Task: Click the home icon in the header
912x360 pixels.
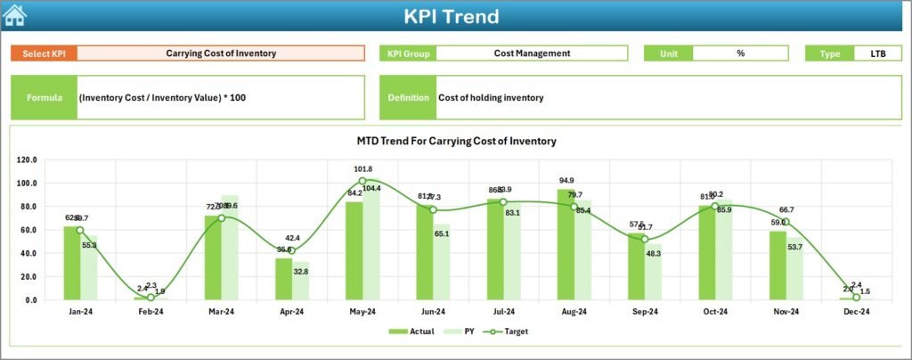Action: (x=15, y=15)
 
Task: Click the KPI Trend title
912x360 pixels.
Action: (x=452, y=16)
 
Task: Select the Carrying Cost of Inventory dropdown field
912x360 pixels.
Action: (x=221, y=53)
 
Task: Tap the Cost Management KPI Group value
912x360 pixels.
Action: (x=532, y=53)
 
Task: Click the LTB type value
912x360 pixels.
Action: (x=877, y=53)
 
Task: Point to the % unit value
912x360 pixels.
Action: (x=740, y=53)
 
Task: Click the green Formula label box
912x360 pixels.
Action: (x=45, y=97)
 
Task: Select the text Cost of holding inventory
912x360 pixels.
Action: (x=491, y=97)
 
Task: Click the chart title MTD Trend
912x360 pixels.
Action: (x=456, y=141)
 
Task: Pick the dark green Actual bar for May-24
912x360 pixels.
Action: (x=354, y=251)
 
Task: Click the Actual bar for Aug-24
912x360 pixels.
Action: (x=566, y=245)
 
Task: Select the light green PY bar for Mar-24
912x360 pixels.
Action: (x=230, y=248)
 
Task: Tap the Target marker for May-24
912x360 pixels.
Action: (x=362, y=181)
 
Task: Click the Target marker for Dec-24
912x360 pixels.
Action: (x=856, y=297)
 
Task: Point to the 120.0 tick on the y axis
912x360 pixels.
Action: (x=26, y=160)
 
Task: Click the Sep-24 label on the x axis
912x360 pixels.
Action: (x=645, y=312)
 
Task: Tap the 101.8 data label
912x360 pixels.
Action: (x=362, y=169)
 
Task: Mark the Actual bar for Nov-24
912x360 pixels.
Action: (x=778, y=266)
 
